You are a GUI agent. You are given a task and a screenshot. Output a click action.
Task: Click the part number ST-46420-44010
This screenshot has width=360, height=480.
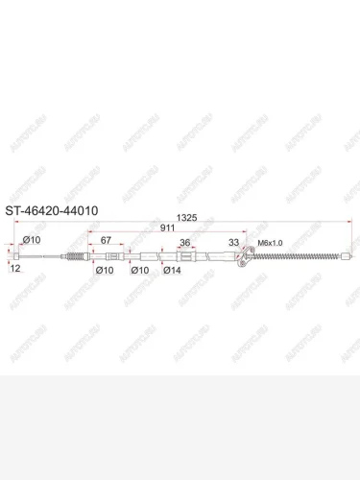[x=52, y=211]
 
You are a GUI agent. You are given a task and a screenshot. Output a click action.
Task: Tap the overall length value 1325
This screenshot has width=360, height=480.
[x=186, y=218]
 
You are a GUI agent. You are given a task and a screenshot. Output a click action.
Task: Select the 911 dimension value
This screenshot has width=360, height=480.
[x=167, y=228]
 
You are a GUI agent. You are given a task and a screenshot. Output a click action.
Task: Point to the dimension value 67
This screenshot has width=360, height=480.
[x=106, y=240]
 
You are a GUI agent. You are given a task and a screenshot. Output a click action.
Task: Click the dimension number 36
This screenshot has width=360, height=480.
[x=185, y=243]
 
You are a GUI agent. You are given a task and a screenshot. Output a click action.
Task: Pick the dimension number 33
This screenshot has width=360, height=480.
[x=233, y=242]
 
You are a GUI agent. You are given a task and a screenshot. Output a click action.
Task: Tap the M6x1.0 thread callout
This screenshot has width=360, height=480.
[x=270, y=243]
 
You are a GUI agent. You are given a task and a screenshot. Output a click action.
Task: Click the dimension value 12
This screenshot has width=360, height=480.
[x=15, y=268]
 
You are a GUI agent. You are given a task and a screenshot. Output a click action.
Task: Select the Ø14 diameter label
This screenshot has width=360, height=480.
[x=172, y=271]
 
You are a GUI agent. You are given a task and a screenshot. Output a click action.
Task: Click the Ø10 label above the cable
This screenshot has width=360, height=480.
[x=32, y=240]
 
